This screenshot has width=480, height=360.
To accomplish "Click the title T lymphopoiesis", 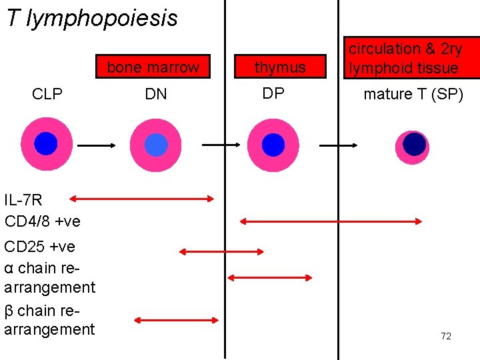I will (92, 18).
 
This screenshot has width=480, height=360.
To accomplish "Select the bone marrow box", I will (153, 67).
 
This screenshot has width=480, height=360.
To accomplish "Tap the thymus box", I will (280, 67).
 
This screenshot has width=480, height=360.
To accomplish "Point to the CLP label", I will (47, 95).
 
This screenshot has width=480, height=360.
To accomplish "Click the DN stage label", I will (155, 95).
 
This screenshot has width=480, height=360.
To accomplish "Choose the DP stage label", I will (273, 94).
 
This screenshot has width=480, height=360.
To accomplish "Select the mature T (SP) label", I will (413, 95).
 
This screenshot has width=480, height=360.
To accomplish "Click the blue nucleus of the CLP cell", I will (46, 143).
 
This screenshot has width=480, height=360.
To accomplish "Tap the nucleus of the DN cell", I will (156, 145).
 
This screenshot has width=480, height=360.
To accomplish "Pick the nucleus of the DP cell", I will (273, 145).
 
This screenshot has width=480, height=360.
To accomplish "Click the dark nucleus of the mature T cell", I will (415, 145).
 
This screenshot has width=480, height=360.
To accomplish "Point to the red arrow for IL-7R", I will (141, 198).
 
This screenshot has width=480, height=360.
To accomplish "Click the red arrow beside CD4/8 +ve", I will (331, 221).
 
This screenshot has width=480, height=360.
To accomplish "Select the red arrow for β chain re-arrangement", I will (176, 320).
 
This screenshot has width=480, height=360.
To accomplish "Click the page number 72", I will (446, 336).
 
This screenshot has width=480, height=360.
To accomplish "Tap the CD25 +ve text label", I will (40, 247).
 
